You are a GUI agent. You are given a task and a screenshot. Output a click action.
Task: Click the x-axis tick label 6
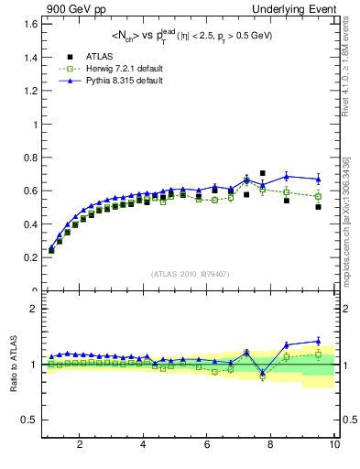pos(207,445)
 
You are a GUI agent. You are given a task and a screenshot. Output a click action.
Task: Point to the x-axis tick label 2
pos(80,445)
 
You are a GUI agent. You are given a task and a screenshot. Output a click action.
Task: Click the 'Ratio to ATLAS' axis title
pos(12,364)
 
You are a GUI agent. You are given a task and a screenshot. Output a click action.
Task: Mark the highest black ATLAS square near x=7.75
pos(262,173)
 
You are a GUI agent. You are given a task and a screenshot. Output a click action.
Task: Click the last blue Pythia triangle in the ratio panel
pos(318,341)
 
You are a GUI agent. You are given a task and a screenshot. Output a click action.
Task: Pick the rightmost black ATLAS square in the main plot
pos(318,207)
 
